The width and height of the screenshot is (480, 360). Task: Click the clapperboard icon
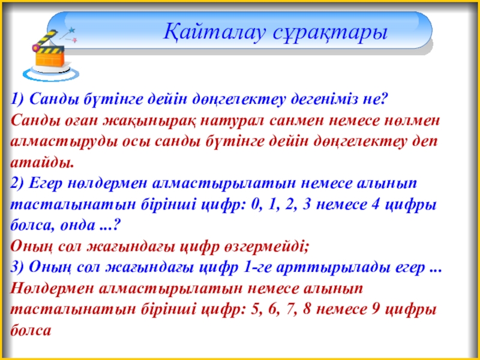click(x=50, y=52)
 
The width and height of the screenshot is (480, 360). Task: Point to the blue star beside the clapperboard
click(x=71, y=31)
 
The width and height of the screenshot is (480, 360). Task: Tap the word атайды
click(x=42, y=162)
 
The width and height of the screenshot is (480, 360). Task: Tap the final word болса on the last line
click(x=31, y=330)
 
